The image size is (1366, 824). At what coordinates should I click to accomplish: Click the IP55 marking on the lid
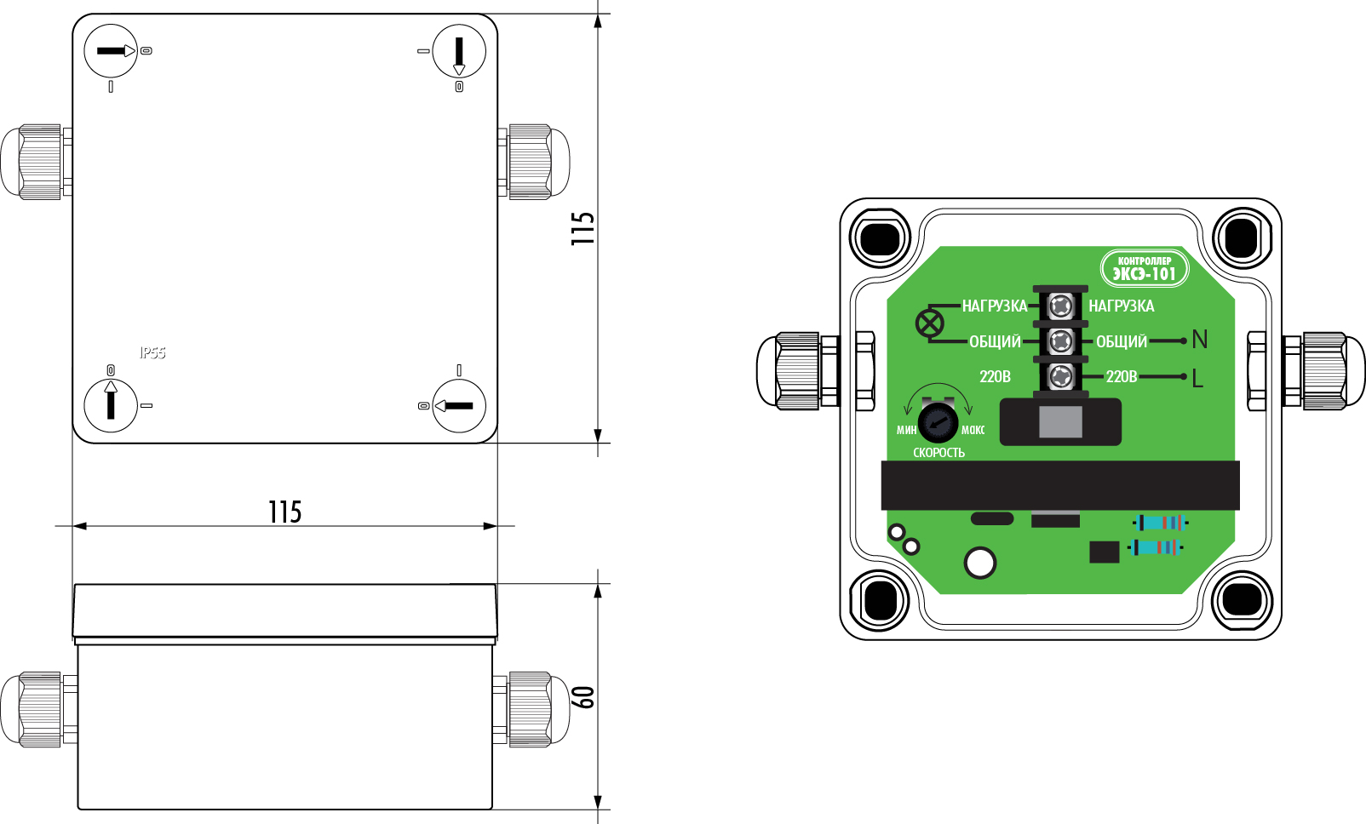point(152,352)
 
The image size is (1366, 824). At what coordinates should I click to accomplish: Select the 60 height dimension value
point(583,697)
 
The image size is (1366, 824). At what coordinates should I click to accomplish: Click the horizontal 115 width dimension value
point(284,512)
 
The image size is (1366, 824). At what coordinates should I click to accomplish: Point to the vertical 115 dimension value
point(583,229)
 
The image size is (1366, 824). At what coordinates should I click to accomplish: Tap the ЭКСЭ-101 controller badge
point(1144,269)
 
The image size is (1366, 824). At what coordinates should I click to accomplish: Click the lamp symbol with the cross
point(929,323)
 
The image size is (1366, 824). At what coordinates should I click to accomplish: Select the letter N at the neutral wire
point(1200,340)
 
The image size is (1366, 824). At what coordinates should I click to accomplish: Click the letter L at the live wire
point(1197,378)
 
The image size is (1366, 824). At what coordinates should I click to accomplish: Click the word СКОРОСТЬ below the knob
point(938,453)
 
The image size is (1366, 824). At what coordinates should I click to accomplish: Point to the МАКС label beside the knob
point(973,430)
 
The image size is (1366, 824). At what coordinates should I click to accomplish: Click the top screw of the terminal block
point(1059,306)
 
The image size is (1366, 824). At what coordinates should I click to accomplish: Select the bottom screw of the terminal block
point(1059,375)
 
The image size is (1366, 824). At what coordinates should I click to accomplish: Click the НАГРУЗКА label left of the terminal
point(994,306)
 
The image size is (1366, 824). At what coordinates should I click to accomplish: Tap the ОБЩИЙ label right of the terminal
point(1121,341)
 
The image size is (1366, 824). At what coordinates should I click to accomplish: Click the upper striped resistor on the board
point(1160,522)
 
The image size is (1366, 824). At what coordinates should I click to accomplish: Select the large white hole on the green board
point(979,563)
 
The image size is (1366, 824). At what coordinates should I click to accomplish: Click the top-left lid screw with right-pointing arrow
point(111,51)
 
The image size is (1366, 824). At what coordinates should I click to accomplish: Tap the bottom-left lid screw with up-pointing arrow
point(111,404)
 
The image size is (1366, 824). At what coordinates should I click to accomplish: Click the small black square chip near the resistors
point(1104,552)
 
